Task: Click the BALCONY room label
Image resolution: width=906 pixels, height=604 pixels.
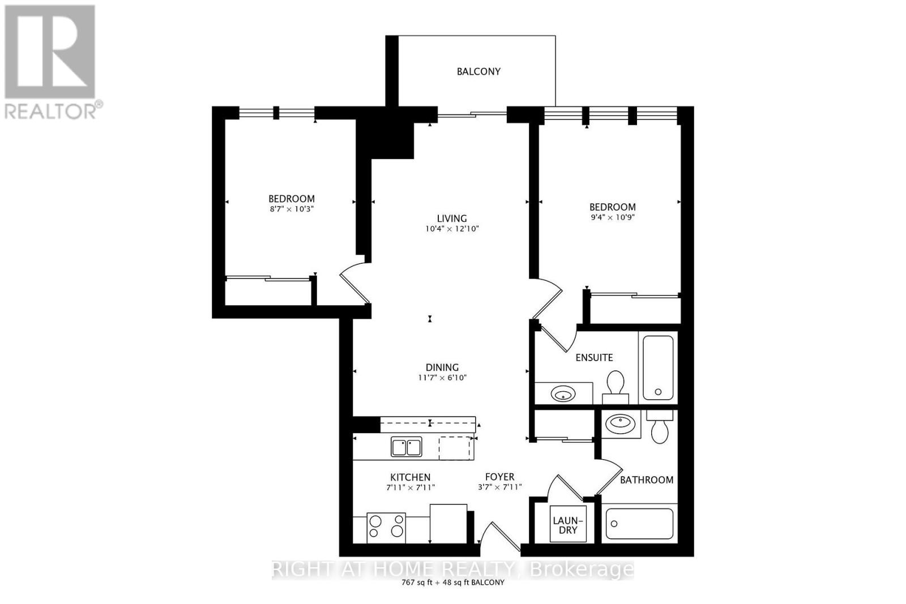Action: click(478, 71)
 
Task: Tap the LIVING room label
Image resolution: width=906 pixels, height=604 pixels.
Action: click(451, 219)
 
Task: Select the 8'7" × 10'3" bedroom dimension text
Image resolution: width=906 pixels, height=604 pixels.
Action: click(291, 209)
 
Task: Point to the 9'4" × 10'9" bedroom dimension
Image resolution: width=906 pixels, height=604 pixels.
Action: click(612, 217)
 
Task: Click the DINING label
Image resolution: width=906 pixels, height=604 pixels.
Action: click(442, 367)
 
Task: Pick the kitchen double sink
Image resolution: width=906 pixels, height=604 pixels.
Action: click(406, 447)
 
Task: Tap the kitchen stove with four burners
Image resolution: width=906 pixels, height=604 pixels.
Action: click(387, 525)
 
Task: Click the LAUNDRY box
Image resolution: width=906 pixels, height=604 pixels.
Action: click(567, 525)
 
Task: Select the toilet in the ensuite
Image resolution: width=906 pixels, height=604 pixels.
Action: click(615, 385)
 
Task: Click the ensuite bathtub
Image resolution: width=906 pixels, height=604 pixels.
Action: click(657, 368)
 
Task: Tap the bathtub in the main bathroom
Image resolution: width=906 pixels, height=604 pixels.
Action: click(639, 523)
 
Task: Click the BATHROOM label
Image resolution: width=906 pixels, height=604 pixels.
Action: click(646, 480)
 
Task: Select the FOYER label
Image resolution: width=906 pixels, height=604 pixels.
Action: click(499, 477)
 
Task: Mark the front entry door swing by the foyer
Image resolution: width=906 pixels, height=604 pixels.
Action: click(500, 536)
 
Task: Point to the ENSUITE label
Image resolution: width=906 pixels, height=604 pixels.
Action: click(594, 358)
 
